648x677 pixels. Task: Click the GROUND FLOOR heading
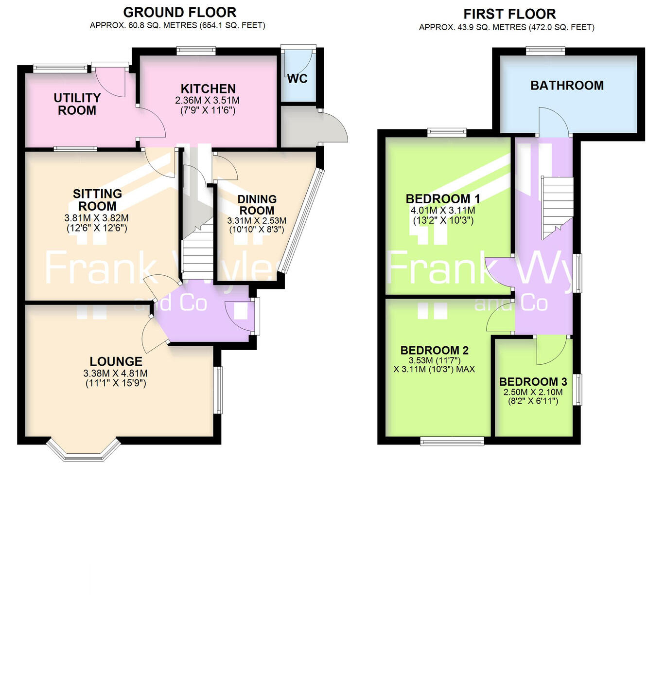179,12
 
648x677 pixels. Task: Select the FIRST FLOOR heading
509,14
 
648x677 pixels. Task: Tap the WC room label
297,79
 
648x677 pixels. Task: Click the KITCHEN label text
208,89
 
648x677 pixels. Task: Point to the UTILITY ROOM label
77,104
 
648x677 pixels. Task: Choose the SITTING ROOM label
97,200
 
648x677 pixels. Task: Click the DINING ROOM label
257,205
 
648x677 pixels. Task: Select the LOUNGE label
116,361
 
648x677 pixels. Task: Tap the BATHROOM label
567,86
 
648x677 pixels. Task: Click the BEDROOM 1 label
443,198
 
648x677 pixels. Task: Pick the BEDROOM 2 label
434,350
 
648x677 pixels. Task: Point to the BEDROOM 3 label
533,382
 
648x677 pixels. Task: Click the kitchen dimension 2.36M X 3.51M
208,100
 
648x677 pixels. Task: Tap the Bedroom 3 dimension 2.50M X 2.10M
533,392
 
